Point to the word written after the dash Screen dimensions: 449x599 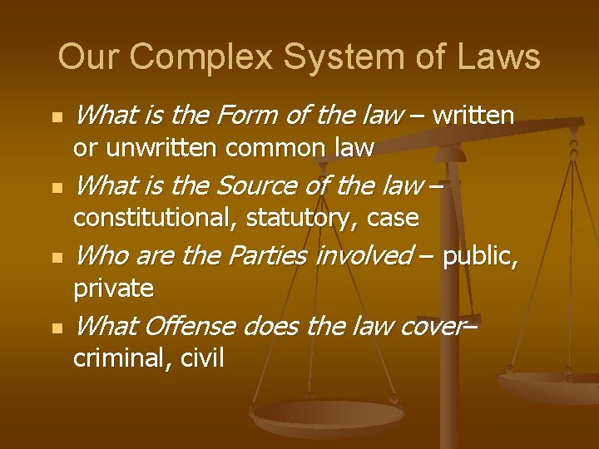pos(474,115)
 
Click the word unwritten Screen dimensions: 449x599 pos(159,148)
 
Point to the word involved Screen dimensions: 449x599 pos(363,254)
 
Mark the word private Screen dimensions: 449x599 pos(114,289)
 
